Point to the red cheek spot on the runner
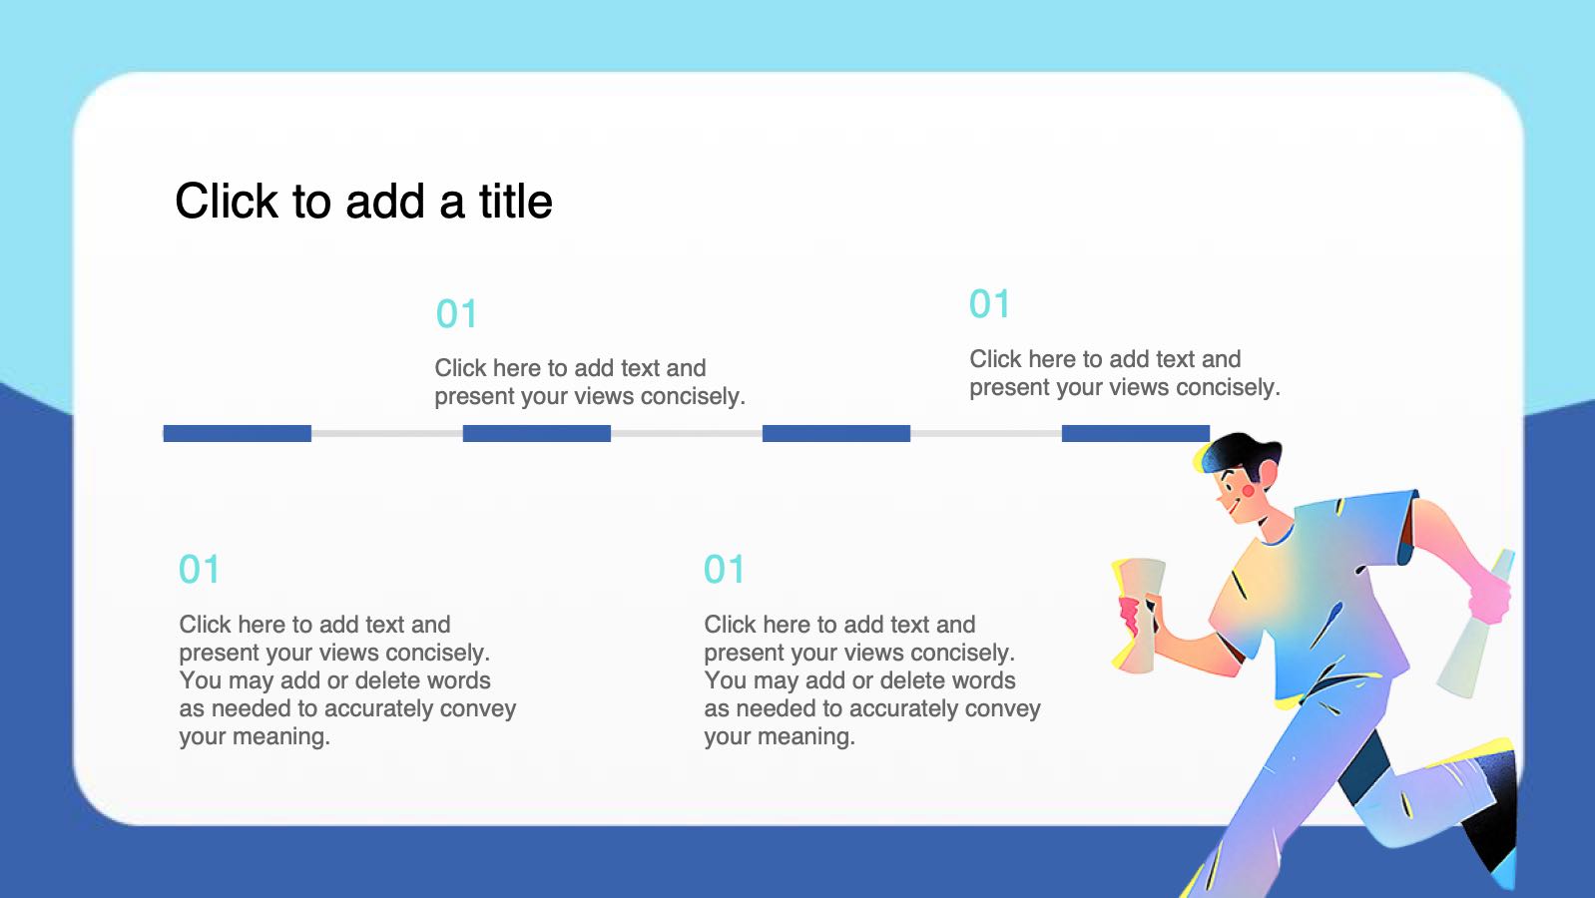point(1249,491)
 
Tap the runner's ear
point(1268,472)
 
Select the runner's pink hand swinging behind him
point(1489,598)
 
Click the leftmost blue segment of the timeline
point(238,433)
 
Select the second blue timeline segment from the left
point(537,433)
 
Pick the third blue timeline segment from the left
point(836,433)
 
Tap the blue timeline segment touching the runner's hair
point(1136,433)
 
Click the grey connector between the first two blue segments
point(387,433)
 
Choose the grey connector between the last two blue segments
point(986,433)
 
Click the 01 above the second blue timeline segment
point(456,314)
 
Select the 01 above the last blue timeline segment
point(989,304)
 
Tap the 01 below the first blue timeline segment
point(200,570)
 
